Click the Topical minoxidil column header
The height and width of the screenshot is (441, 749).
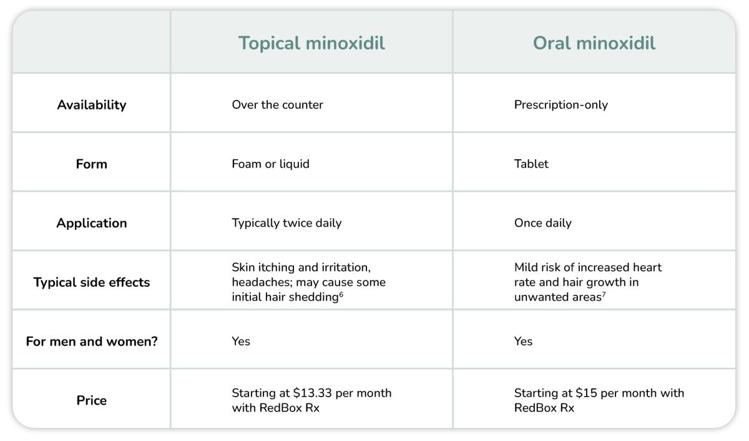311,43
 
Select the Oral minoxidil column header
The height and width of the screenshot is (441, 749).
594,43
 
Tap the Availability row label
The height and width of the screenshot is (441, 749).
92,105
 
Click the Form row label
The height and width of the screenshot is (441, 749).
92,164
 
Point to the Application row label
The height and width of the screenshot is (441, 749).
92,223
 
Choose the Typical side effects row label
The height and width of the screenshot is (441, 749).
92,282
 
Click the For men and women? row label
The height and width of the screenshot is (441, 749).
92,342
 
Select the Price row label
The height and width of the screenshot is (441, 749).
92,400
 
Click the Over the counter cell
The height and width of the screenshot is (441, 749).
277,105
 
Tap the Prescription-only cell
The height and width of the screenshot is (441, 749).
561,105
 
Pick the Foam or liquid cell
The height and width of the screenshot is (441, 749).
270,164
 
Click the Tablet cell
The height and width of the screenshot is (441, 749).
531,164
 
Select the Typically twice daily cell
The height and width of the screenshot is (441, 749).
286,223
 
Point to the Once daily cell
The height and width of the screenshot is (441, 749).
542,223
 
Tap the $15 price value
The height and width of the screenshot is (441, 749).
587,394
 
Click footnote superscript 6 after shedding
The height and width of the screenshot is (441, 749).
341,294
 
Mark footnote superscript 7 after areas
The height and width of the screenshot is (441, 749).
604,294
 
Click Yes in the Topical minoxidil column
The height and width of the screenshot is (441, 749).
241,342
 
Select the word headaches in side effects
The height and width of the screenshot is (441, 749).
257,282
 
